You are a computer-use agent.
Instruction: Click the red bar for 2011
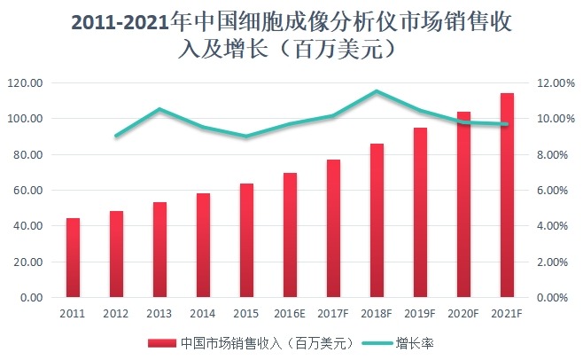[x=73, y=258]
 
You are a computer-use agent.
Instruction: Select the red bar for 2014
[x=203, y=246]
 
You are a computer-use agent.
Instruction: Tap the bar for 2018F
[x=377, y=221]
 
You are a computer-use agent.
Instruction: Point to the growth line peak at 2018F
[x=377, y=91]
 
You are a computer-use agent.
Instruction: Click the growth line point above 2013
[x=159, y=109]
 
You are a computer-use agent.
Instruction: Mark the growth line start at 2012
[x=116, y=136]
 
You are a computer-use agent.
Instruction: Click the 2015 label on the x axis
[x=246, y=313]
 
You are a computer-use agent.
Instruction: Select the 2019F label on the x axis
[x=420, y=313]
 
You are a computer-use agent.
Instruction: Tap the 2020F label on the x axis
[x=463, y=313]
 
